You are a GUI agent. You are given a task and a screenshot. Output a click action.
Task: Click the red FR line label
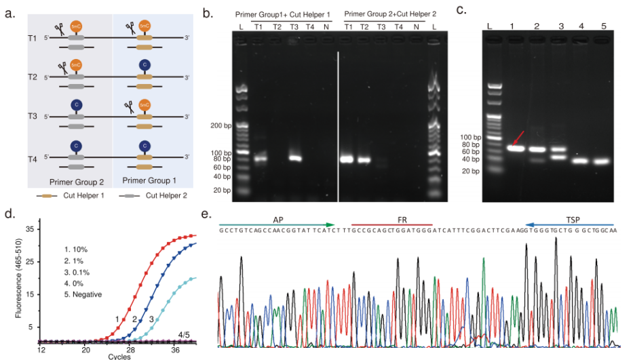391,220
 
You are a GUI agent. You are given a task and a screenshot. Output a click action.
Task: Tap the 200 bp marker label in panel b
221,127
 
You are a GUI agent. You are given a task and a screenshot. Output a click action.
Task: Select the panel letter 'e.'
206,215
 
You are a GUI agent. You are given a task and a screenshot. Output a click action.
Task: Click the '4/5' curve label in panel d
184,334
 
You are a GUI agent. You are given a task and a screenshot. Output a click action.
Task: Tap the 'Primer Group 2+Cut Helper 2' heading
384,14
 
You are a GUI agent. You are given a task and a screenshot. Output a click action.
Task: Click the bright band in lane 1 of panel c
517,148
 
